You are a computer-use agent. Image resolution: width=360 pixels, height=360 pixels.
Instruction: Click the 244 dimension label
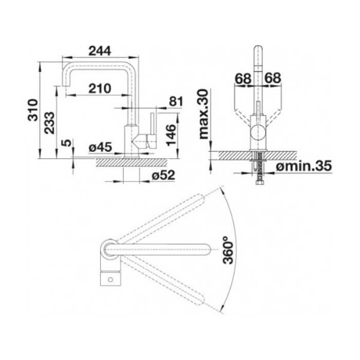coord(100,51)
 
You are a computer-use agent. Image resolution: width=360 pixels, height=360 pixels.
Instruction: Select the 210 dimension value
coord(100,88)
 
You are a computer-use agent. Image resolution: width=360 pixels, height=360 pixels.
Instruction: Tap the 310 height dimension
coord(33,110)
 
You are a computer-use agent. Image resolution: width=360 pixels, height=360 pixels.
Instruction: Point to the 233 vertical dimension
coord(50,123)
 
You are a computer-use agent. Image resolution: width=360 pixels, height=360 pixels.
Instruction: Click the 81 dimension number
coord(176,101)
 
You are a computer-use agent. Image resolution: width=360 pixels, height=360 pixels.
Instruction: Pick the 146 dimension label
coord(171,135)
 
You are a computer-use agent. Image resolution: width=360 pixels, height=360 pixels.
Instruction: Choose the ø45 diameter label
coord(101,147)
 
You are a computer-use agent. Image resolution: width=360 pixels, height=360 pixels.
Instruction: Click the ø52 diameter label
coord(163,176)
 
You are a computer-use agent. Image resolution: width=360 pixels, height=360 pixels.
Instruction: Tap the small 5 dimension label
coord(67,143)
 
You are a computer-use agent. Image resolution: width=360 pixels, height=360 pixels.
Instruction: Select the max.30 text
coord(203,114)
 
